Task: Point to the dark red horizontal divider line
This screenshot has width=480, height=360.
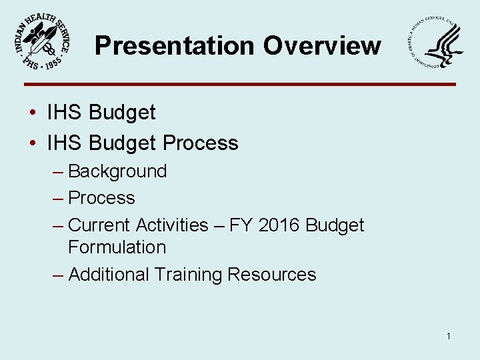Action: pyautogui.click(x=240, y=84)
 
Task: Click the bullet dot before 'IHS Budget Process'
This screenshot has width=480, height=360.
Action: pyautogui.click(x=33, y=143)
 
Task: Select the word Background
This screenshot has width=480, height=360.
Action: pyautogui.click(x=117, y=171)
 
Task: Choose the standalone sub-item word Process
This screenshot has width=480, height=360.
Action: pyautogui.click(x=101, y=198)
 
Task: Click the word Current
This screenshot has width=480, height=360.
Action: pyautogui.click(x=99, y=225)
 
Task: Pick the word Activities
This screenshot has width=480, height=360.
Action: pyautogui.click(x=172, y=225)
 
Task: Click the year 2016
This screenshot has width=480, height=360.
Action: pyautogui.click(x=279, y=225)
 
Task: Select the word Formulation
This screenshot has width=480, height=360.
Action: pyautogui.click(x=117, y=247)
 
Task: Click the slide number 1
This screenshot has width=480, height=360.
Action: pyautogui.click(x=449, y=336)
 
